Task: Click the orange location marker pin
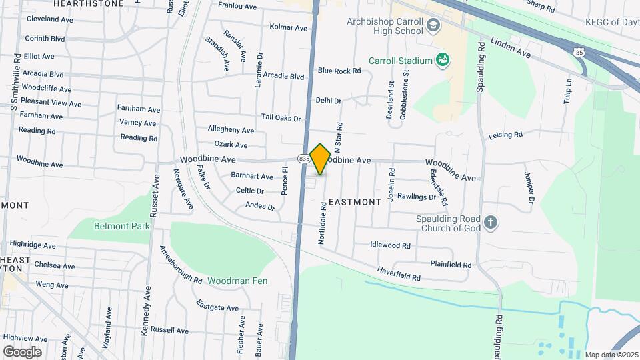click(320, 159)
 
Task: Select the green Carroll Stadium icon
click(442, 61)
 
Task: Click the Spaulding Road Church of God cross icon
click(491, 223)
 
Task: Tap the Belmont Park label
click(122, 227)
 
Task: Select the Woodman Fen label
click(237, 281)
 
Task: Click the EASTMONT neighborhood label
click(355, 201)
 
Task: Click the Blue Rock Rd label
click(339, 71)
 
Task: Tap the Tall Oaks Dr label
click(281, 118)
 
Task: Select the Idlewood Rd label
click(391, 245)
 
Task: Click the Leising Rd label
click(505, 135)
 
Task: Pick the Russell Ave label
click(169, 330)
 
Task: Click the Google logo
click(22, 351)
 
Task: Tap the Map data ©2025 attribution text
click(611, 355)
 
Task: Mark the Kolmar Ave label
click(289, 28)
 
